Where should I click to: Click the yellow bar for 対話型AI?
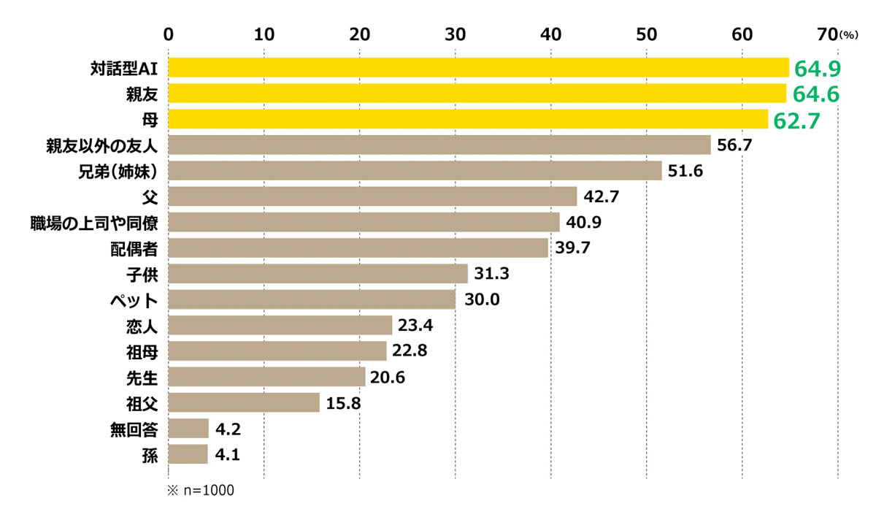click(x=478, y=68)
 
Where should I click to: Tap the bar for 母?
click(x=468, y=119)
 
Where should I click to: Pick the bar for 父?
click(x=372, y=196)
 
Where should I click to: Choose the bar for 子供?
click(x=318, y=274)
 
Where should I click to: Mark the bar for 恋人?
click(x=280, y=325)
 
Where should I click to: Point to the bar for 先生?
click(x=266, y=377)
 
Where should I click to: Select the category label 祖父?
click(x=143, y=402)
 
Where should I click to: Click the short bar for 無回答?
click(x=188, y=428)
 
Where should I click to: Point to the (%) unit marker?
click(x=851, y=34)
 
